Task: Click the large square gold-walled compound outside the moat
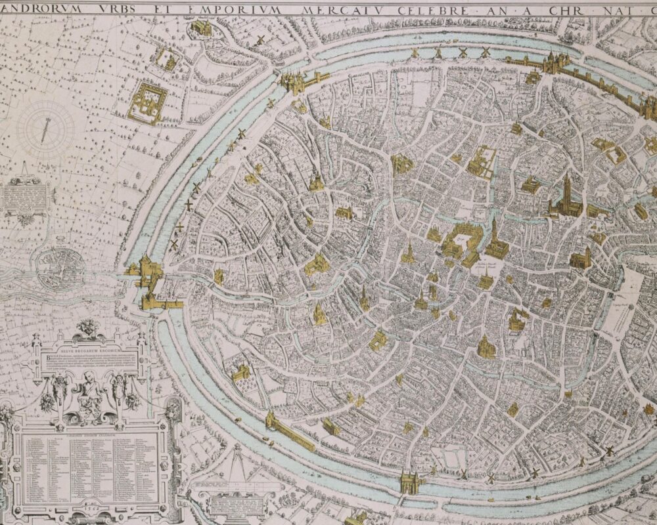point(147,102)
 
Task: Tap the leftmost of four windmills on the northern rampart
point(415,52)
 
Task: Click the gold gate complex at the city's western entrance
point(150,279)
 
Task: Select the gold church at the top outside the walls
point(201,28)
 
